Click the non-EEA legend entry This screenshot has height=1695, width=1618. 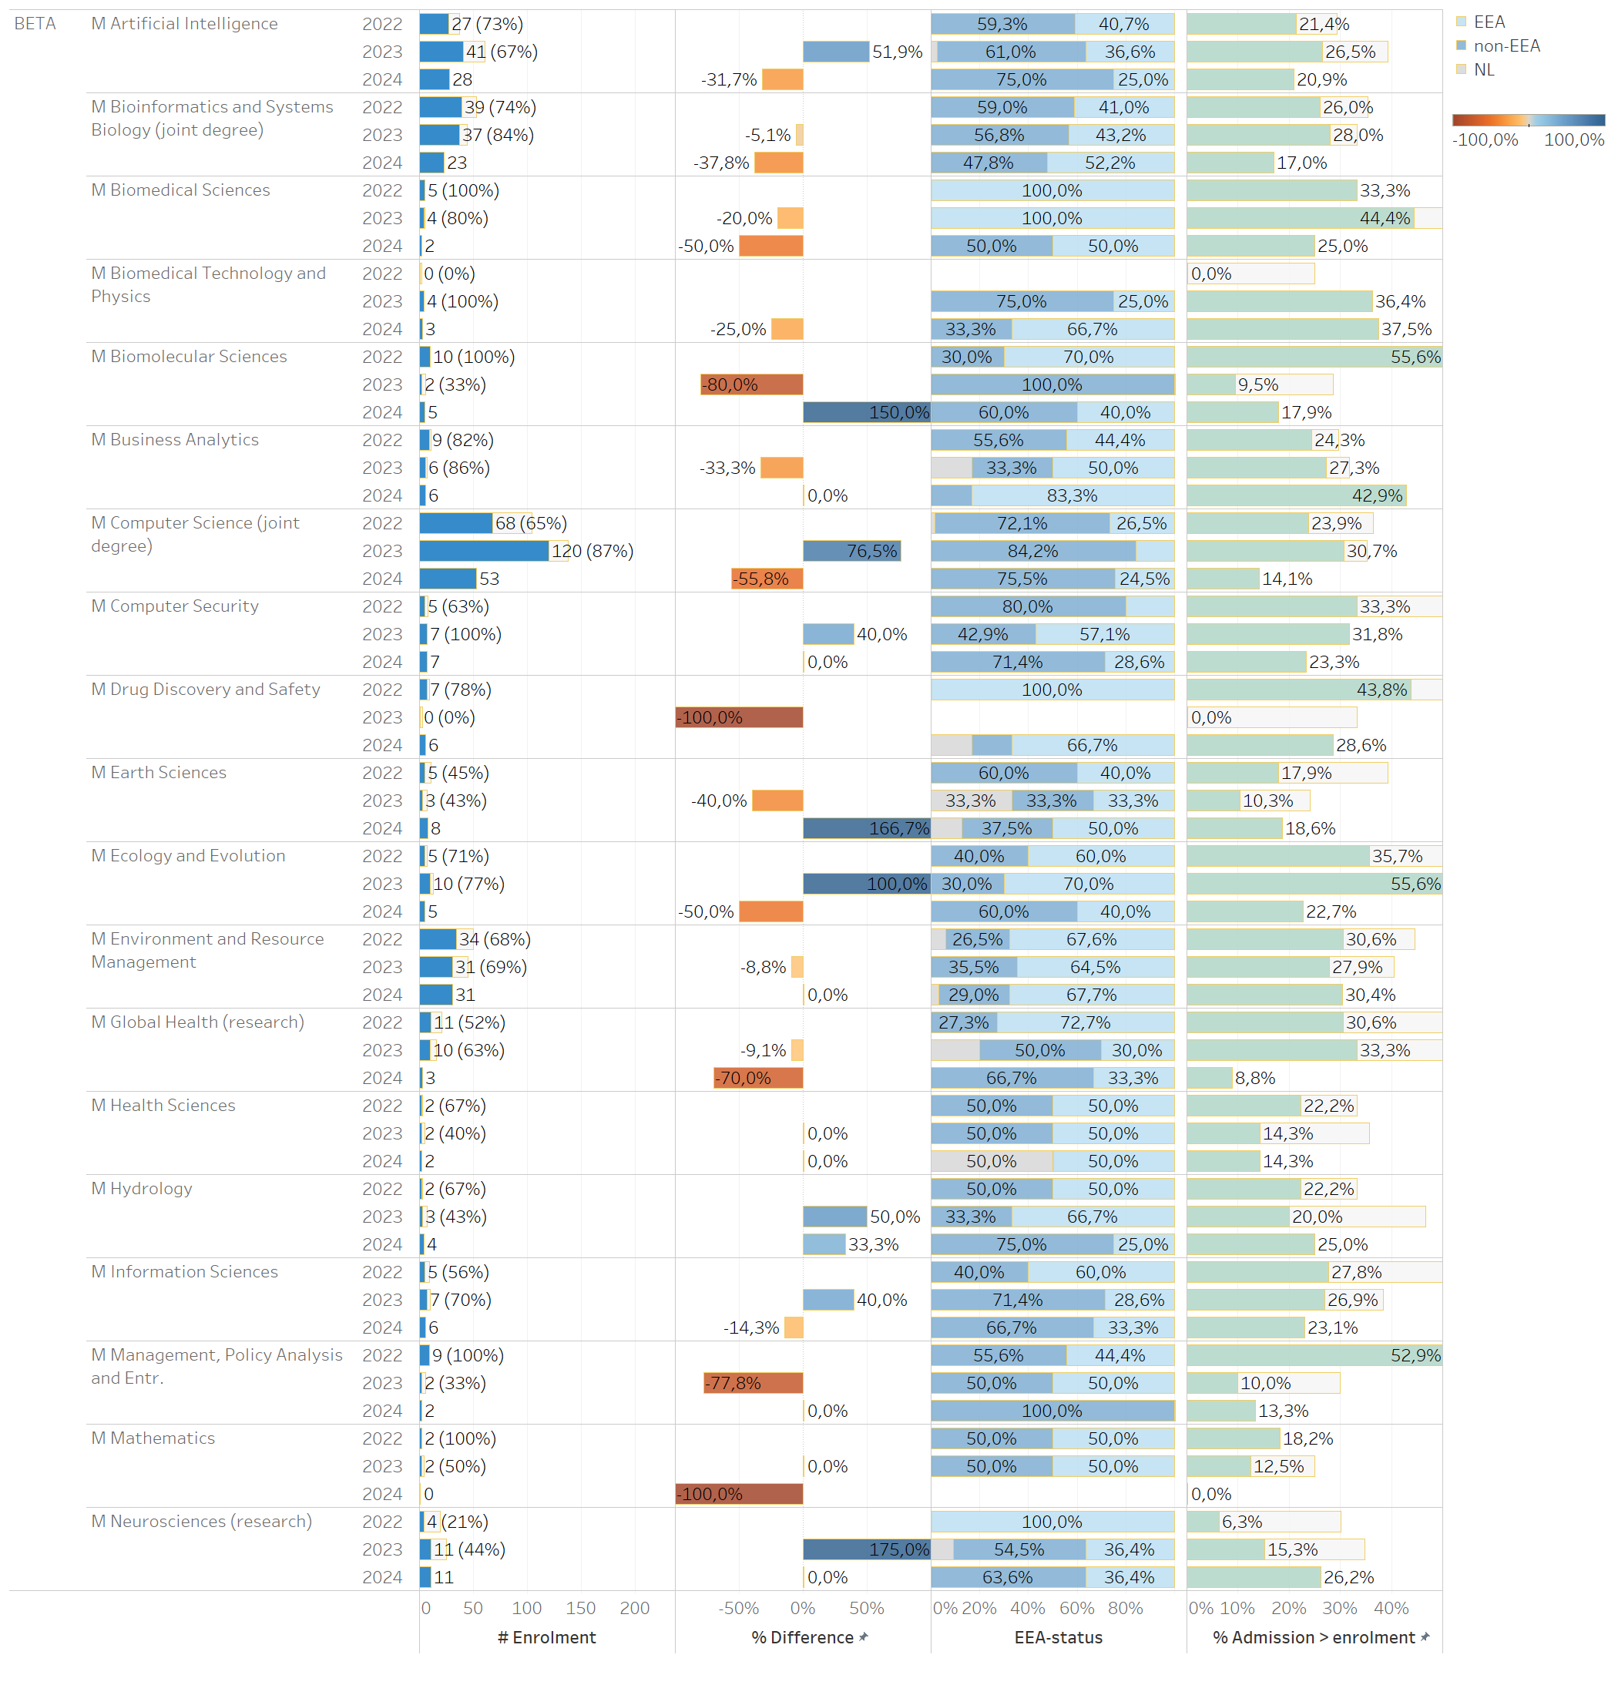(1505, 45)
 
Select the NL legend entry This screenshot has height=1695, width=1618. (1483, 70)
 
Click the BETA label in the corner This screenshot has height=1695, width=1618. (35, 23)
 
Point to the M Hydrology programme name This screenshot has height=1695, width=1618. (142, 1189)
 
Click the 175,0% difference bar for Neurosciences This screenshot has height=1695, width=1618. (866, 1549)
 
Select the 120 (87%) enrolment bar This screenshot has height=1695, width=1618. (484, 551)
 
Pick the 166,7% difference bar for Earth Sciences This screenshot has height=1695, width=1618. (866, 828)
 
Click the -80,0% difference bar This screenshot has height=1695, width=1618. (751, 384)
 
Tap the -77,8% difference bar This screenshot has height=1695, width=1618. (753, 1383)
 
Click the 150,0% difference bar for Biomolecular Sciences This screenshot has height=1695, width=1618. (866, 412)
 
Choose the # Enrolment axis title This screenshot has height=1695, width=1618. (546, 1637)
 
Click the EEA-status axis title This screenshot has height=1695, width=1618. (1059, 1637)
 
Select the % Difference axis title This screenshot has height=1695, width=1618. (802, 1637)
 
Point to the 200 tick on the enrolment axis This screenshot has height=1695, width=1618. (635, 1608)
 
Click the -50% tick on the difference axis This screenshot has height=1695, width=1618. (739, 1608)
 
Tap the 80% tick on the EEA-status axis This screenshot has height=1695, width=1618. (1126, 1608)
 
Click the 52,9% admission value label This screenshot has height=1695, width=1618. (1415, 1355)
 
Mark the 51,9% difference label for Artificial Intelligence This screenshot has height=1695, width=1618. (897, 52)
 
